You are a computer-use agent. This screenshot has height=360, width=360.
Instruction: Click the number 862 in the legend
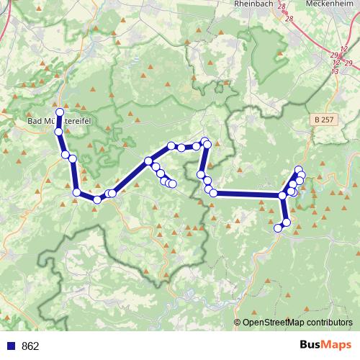pyautogui.click(x=30, y=346)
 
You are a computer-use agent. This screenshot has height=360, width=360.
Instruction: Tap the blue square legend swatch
pyautogui.click(x=11, y=346)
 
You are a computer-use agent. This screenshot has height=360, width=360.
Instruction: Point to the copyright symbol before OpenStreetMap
pyautogui.click(x=238, y=323)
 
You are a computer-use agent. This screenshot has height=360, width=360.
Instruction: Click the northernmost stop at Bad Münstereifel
pyautogui.click(x=60, y=113)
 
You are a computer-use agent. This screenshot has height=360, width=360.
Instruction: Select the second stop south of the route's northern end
pyautogui.click(x=65, y=154)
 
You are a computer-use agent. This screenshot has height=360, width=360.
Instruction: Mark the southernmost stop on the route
pyautogui.click(x=279, y=228)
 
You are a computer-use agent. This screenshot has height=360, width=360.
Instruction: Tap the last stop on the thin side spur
pyautogui.click(x=173, y=184)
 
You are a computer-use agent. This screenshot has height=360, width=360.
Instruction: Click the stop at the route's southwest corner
pyautogui.click(x=76, y=192)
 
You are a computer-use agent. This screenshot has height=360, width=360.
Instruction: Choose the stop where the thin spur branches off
pyautogui.click(x=148, y=161)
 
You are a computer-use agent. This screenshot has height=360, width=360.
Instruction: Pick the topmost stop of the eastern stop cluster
pyautogui.click(x=299, y=170)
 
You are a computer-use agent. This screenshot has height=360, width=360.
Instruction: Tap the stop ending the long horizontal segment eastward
pyautogui.click(x=282, y=195)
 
